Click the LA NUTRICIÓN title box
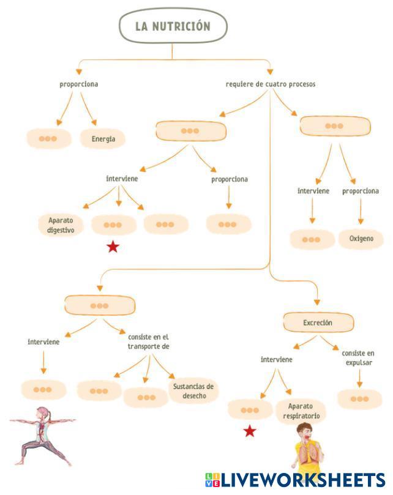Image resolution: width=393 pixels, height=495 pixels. click(173, 26)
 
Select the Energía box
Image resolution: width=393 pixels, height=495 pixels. click(103, 139)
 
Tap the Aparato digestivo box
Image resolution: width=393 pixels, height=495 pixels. click(61, 225)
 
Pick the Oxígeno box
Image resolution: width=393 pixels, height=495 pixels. click(361, 239)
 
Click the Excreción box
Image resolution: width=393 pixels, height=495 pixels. click(318, 322)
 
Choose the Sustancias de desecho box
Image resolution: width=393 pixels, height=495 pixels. click(193, 391)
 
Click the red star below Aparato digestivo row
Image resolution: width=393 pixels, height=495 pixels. click(113, 247)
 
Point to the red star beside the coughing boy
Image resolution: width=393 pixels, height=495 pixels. click(249, 431)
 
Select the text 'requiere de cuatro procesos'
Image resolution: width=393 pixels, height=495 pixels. click(271, 84)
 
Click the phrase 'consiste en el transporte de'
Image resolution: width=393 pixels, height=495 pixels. click(148, 341)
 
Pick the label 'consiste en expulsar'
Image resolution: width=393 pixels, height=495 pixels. click(358, 358)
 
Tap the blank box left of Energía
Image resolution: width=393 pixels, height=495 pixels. click(48, 139)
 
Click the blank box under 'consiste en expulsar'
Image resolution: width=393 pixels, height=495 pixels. click(359, 400)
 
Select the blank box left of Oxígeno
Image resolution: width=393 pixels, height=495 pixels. click(312, 239)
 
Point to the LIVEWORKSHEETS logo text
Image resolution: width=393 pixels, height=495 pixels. click(303, 480)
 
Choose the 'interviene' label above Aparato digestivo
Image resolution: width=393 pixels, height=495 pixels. click(122, 179)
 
